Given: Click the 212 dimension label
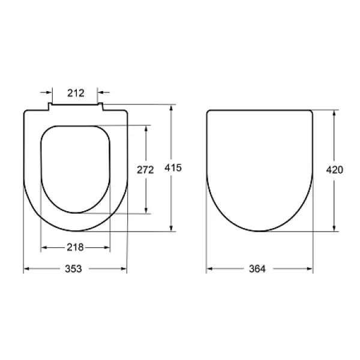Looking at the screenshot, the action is tap(76, 93).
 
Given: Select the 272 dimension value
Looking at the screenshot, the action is tap(145, 170).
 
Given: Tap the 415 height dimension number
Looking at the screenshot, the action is tap(173, 168).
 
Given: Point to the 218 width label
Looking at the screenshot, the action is tap(76, 247).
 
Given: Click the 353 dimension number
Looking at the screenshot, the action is tap(73, 269).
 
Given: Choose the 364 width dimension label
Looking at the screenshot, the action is tap(257, 269).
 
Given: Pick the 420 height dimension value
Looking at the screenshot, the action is tap(335, 170).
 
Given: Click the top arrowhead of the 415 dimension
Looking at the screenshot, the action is tap(171, 108).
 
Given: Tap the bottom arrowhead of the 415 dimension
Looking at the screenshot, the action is tap(171, 228).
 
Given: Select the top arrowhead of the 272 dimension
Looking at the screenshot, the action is tap(146, 129).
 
